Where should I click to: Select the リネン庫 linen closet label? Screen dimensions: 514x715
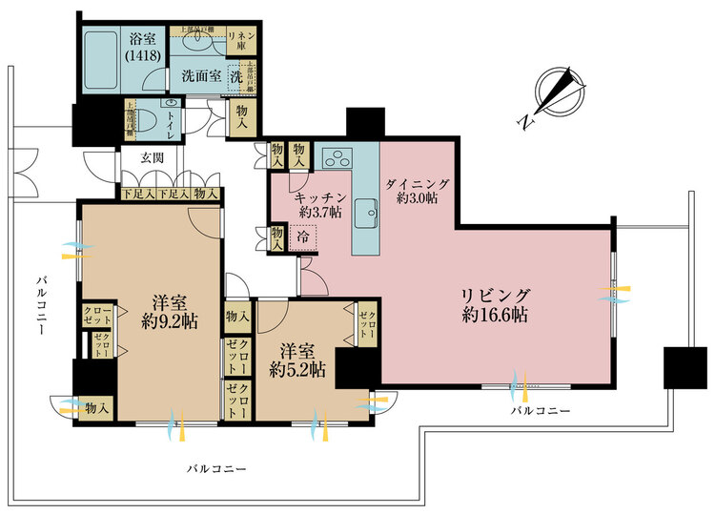(x=240, y=40)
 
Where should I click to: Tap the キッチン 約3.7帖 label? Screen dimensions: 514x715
(x=317, y=204)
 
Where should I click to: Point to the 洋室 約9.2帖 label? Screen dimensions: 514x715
(x=170, y=313)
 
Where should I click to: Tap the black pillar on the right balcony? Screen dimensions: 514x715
(x=684, y=366)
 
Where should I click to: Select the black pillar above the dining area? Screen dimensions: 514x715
(x=363, y=122)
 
